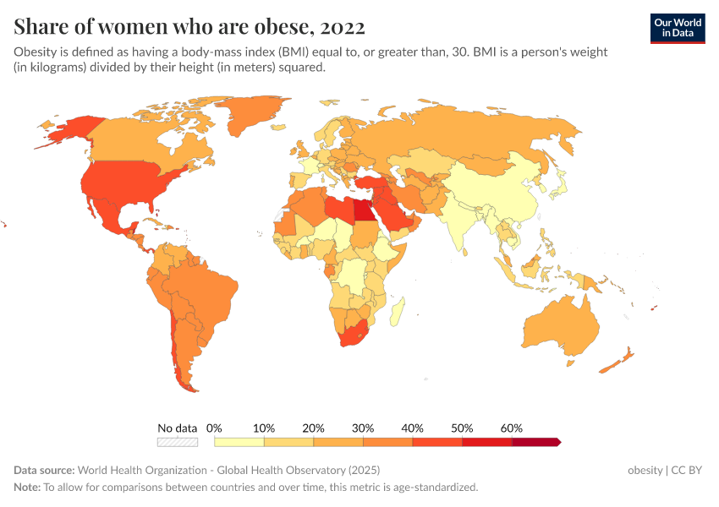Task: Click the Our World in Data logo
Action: point(677,27)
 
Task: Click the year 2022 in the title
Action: point(343,27)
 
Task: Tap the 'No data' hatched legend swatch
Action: point(178,441)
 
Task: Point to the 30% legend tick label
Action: point(363,428)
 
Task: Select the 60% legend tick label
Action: point(512,428)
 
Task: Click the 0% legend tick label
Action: point(215,428)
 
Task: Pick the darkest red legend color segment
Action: point(535,441)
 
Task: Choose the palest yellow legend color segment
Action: point(239,441)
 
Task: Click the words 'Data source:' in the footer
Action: point(44,470)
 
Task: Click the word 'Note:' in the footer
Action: point(27,488)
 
